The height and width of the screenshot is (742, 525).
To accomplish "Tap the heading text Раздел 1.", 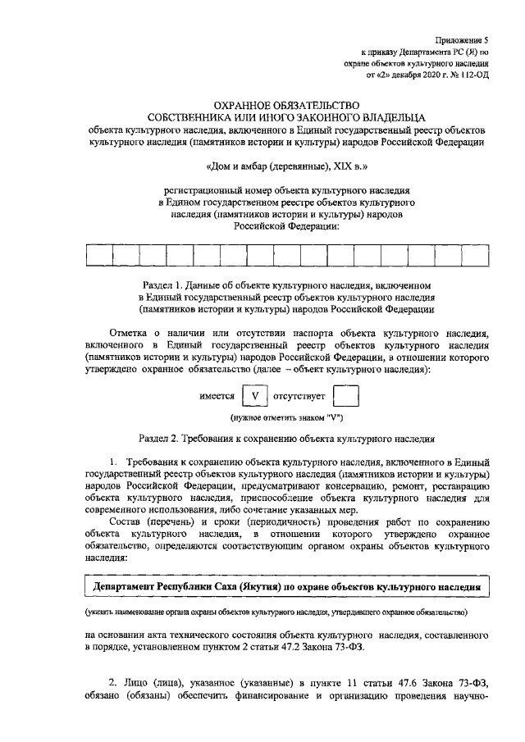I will pyautogui.click(x=165, y=285).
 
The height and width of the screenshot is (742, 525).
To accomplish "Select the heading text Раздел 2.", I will pyautogui.click(x=163, y=439).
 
